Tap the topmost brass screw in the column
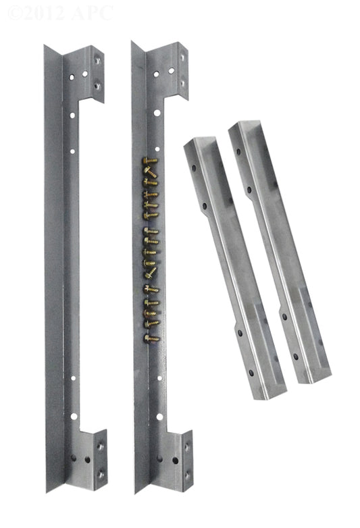pyautogui.click(x=150, y=161)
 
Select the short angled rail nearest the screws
pyautogui.click(x=232, y=267)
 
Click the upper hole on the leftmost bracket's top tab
pyautogui.click(x=98, y=61)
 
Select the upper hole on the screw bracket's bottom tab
pyautogui.click(x=186, y=447)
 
